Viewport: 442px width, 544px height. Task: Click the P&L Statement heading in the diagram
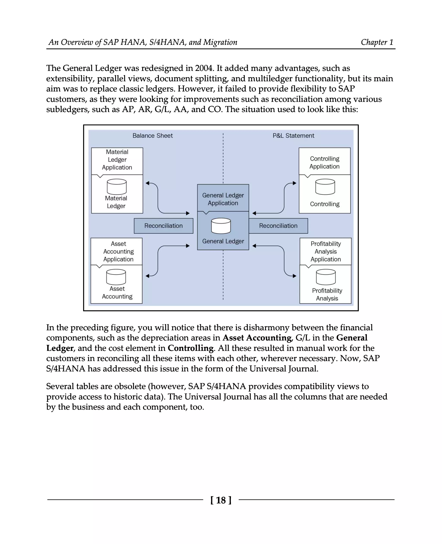[293, 136]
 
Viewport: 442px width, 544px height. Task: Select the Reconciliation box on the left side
[163, 226]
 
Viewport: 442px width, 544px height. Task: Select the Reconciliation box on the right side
[278, 226]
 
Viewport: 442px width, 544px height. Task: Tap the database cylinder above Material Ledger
[117, 187]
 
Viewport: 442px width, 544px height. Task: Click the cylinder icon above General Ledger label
[221, 226]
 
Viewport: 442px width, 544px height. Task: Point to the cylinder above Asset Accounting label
[116, 277]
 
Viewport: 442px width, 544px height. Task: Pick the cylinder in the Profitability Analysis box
[326, 277]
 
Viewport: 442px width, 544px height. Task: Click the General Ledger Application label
[223, 199]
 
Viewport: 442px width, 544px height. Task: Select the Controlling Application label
[324, 162]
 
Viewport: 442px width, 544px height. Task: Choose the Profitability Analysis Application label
[325, 251]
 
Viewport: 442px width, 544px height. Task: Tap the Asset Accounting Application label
[118, 251]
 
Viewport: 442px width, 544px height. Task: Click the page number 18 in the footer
[221, 500]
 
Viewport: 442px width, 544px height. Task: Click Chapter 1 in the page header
[377, 42]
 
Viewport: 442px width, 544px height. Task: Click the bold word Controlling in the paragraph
[190, 348]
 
